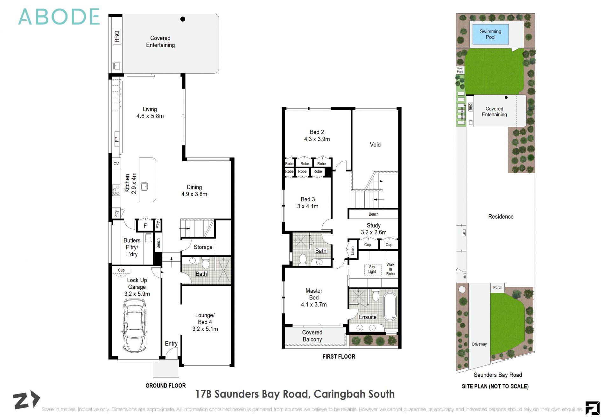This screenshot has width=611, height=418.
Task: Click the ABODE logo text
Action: pos(59,17)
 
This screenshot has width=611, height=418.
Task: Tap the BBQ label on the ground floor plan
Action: pos(117,36)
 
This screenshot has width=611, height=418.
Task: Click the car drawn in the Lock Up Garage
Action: pos(135,325)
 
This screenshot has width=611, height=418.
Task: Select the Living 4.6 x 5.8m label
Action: pos(150,113)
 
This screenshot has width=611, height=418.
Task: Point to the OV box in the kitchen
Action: pos(116,164)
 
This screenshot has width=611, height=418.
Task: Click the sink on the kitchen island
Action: pos(144,186)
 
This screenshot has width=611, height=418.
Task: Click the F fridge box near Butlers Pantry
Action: pos(145,226)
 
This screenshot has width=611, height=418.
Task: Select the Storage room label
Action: pos(203,247)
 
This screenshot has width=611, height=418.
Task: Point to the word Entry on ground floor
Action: pos(171,344)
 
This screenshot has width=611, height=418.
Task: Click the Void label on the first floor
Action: pos(375,145)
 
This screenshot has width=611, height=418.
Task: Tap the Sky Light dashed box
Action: pos(372,269)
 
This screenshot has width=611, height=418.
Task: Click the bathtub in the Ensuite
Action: pos(390,307)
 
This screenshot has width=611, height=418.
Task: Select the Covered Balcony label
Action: pos(312,336)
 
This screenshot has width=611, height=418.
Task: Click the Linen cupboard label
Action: pos(353,251)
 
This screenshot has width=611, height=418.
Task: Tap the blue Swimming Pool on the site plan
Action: pos(490,34)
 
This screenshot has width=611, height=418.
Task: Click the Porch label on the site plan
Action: pos(498,287)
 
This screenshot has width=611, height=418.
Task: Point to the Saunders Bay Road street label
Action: pos(498,375)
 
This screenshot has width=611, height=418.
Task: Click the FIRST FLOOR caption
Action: pos(339,356)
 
